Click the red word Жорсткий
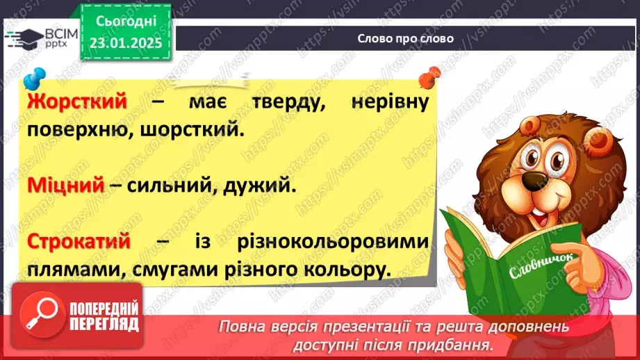tap(78, 101)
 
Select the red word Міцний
tap(66, 186)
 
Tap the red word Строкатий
tap(79, 241)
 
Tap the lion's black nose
tap(533, 182)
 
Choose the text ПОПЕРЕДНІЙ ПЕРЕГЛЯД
tap(104, 316)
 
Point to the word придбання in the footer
tap(461, 345)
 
